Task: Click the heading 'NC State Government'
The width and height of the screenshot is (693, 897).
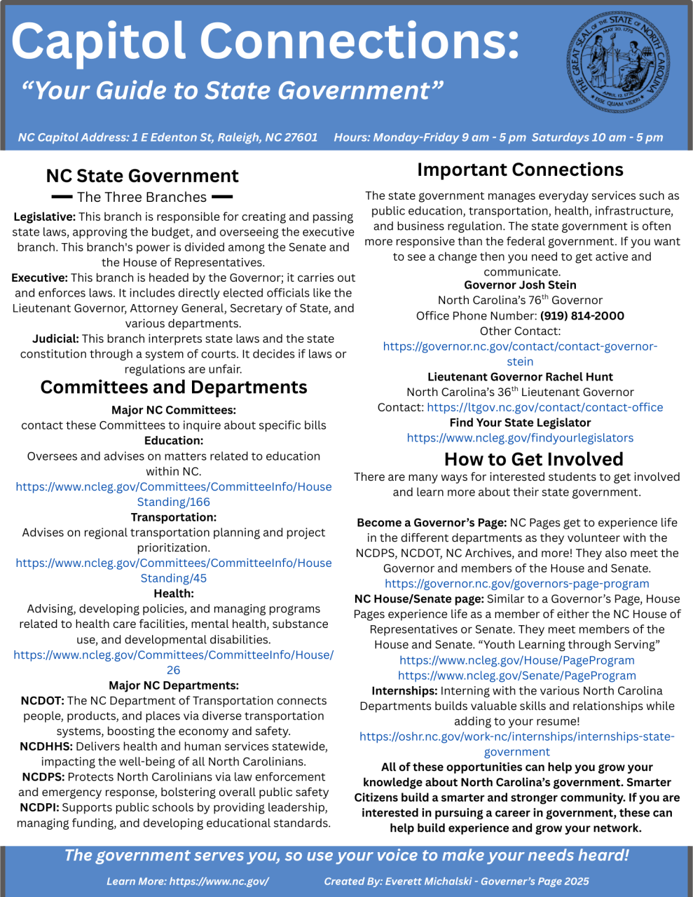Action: pyautogui.click(x=142, y=176)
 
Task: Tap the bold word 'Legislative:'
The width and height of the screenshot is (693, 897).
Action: pyautogui.click(x=44, y=217)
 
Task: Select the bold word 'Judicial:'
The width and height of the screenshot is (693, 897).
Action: pyautogui.click(x=55, y=339)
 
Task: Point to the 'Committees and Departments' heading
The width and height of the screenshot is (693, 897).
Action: pyautogui.click(x=174, y=388)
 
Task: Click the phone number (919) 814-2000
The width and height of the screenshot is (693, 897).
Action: pyautogui.click(x=582, y=316)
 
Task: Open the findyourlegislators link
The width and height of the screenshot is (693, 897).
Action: pyautogui.click(x=520, y=438)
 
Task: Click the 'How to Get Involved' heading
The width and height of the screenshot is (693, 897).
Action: pyautogui.click(x=533, y=460)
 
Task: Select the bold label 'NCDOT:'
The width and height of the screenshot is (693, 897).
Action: pyautogui.click(x=43, y=701)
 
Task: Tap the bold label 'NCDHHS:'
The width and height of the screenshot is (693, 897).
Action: pyautogui.click(x=46, y=746)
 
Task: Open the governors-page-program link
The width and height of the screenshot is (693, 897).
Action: pyautogui.click(x=517, y=584)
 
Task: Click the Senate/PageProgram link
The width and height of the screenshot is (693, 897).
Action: pyautogui.click(x=517, y=676)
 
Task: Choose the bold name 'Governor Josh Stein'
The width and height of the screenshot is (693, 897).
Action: pyautogui.click(x=520, y=285)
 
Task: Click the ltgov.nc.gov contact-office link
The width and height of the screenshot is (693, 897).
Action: pyautogui.click(x=544, y=407)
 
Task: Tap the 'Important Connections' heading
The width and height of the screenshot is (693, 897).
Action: pyautogui.click(x=520, y=170)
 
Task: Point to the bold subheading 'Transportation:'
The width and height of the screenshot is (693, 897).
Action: pyautogui.click(x=174, y=517)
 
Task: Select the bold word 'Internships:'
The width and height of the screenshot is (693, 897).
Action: pyautogui.click(x=404, y=691)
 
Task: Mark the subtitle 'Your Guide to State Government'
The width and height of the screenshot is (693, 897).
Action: pyautogui.click(x=232, y=91)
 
